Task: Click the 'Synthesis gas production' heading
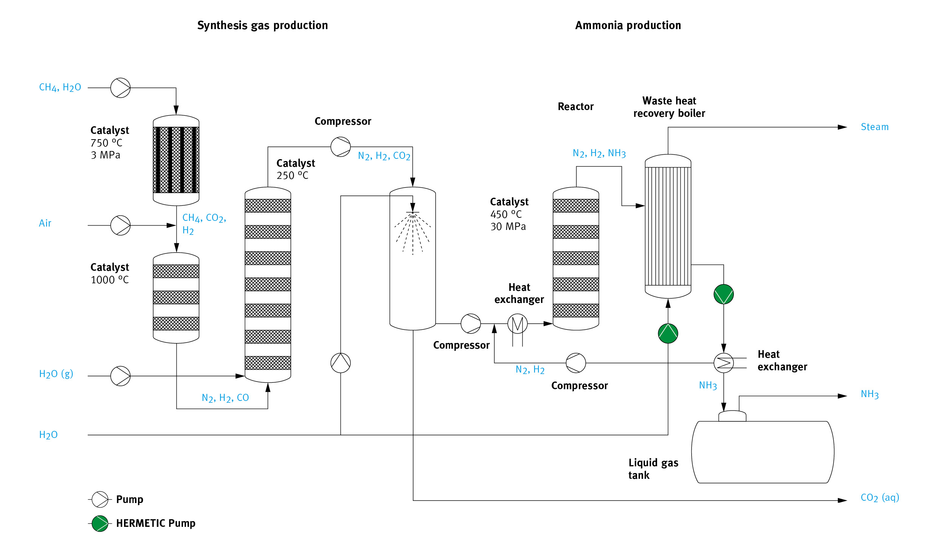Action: (262, 25)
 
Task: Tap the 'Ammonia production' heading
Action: (628, 25)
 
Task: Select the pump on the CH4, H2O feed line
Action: (120, 88)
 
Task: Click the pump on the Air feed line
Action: (120, 225)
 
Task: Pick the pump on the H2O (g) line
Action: (120, 376)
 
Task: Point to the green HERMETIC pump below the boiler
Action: (668, 333)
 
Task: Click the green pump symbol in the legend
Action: (100, 523)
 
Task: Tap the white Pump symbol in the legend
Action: (100, 499)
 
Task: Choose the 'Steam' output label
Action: (874, 127)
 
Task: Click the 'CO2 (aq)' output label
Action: (880, 497)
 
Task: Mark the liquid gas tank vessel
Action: (763, 452)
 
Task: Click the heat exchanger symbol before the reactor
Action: (517, 324)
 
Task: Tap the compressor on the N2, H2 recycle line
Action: (575, 363)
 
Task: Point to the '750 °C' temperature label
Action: (106, 143)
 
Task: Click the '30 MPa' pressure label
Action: (508, 227)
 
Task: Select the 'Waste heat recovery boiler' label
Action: (669, 107)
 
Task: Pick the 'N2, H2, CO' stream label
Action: (225, 398)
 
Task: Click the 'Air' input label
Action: (45, 223)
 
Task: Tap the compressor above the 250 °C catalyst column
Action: (340, 147)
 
